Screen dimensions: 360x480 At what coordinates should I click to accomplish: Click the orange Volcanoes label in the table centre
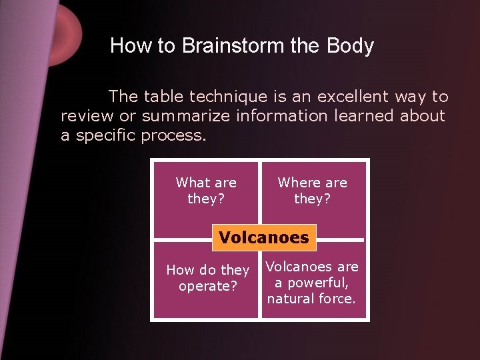pyautogui.click(x=264, y=237)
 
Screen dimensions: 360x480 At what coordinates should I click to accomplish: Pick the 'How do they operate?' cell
pyautogui.click(x=207, y=280)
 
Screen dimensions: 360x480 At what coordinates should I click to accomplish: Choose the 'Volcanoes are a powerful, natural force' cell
pyautogui.click(x=312, y=283)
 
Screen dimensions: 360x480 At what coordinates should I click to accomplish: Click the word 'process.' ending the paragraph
pyautogui.click(x=174, y=136)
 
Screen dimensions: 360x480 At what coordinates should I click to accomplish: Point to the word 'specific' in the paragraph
pyautogui.click(x=107, y=136)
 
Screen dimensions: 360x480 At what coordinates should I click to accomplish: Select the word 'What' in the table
pyautogui.click(x=193, y=183)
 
